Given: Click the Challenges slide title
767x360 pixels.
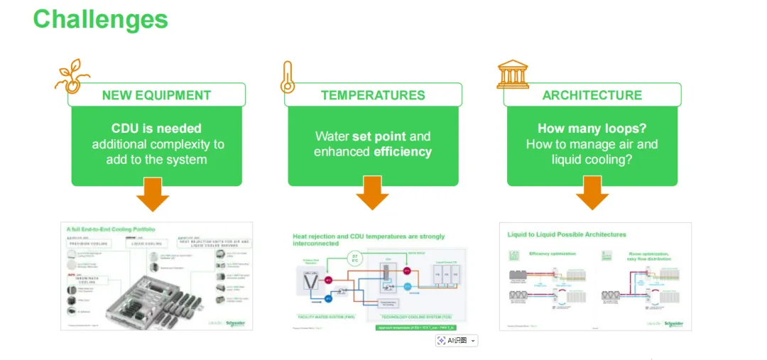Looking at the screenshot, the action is pyautogui.click(x=100, y=19).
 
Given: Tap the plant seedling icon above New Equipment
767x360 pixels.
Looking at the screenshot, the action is pyautogui.click(x=72, y=75).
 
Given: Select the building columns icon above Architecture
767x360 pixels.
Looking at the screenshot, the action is pyautogui.click(x=512, y=75).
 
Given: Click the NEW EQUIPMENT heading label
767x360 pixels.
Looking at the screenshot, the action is pyautogui.click(x=156, y=95).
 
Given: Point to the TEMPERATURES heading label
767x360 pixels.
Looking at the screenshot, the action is pyautogui.click(x=373, y=95).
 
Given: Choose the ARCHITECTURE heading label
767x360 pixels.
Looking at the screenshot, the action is pyautogui.click(x=592, y=95).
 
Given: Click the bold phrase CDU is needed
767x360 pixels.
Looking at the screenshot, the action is pyautogui.click(x=156, y=129).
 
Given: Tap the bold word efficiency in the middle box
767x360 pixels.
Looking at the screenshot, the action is pyautogui.click(x=402, y=151).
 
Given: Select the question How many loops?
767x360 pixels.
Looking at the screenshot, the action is pyautogui.click(x=592, y=129).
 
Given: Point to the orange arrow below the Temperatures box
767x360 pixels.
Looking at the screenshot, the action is pyautogui.click(x=372, y=193).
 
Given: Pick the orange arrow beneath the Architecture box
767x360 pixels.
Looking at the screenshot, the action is pyautogui.click(x=592, y=193).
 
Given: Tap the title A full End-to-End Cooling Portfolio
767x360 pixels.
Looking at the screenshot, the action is pyautogui.click(x=111, y=229).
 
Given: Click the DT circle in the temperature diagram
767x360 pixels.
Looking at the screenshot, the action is pyautogui.click(x=355, y=258).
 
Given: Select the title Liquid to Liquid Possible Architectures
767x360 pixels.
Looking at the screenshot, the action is pyautogui.click(x=567, y=234).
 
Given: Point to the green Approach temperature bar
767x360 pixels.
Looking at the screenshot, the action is pyautogui.click(x=415, y=327).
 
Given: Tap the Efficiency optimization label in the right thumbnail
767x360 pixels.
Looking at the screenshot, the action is pyautogui.click(x=554, y=253).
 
